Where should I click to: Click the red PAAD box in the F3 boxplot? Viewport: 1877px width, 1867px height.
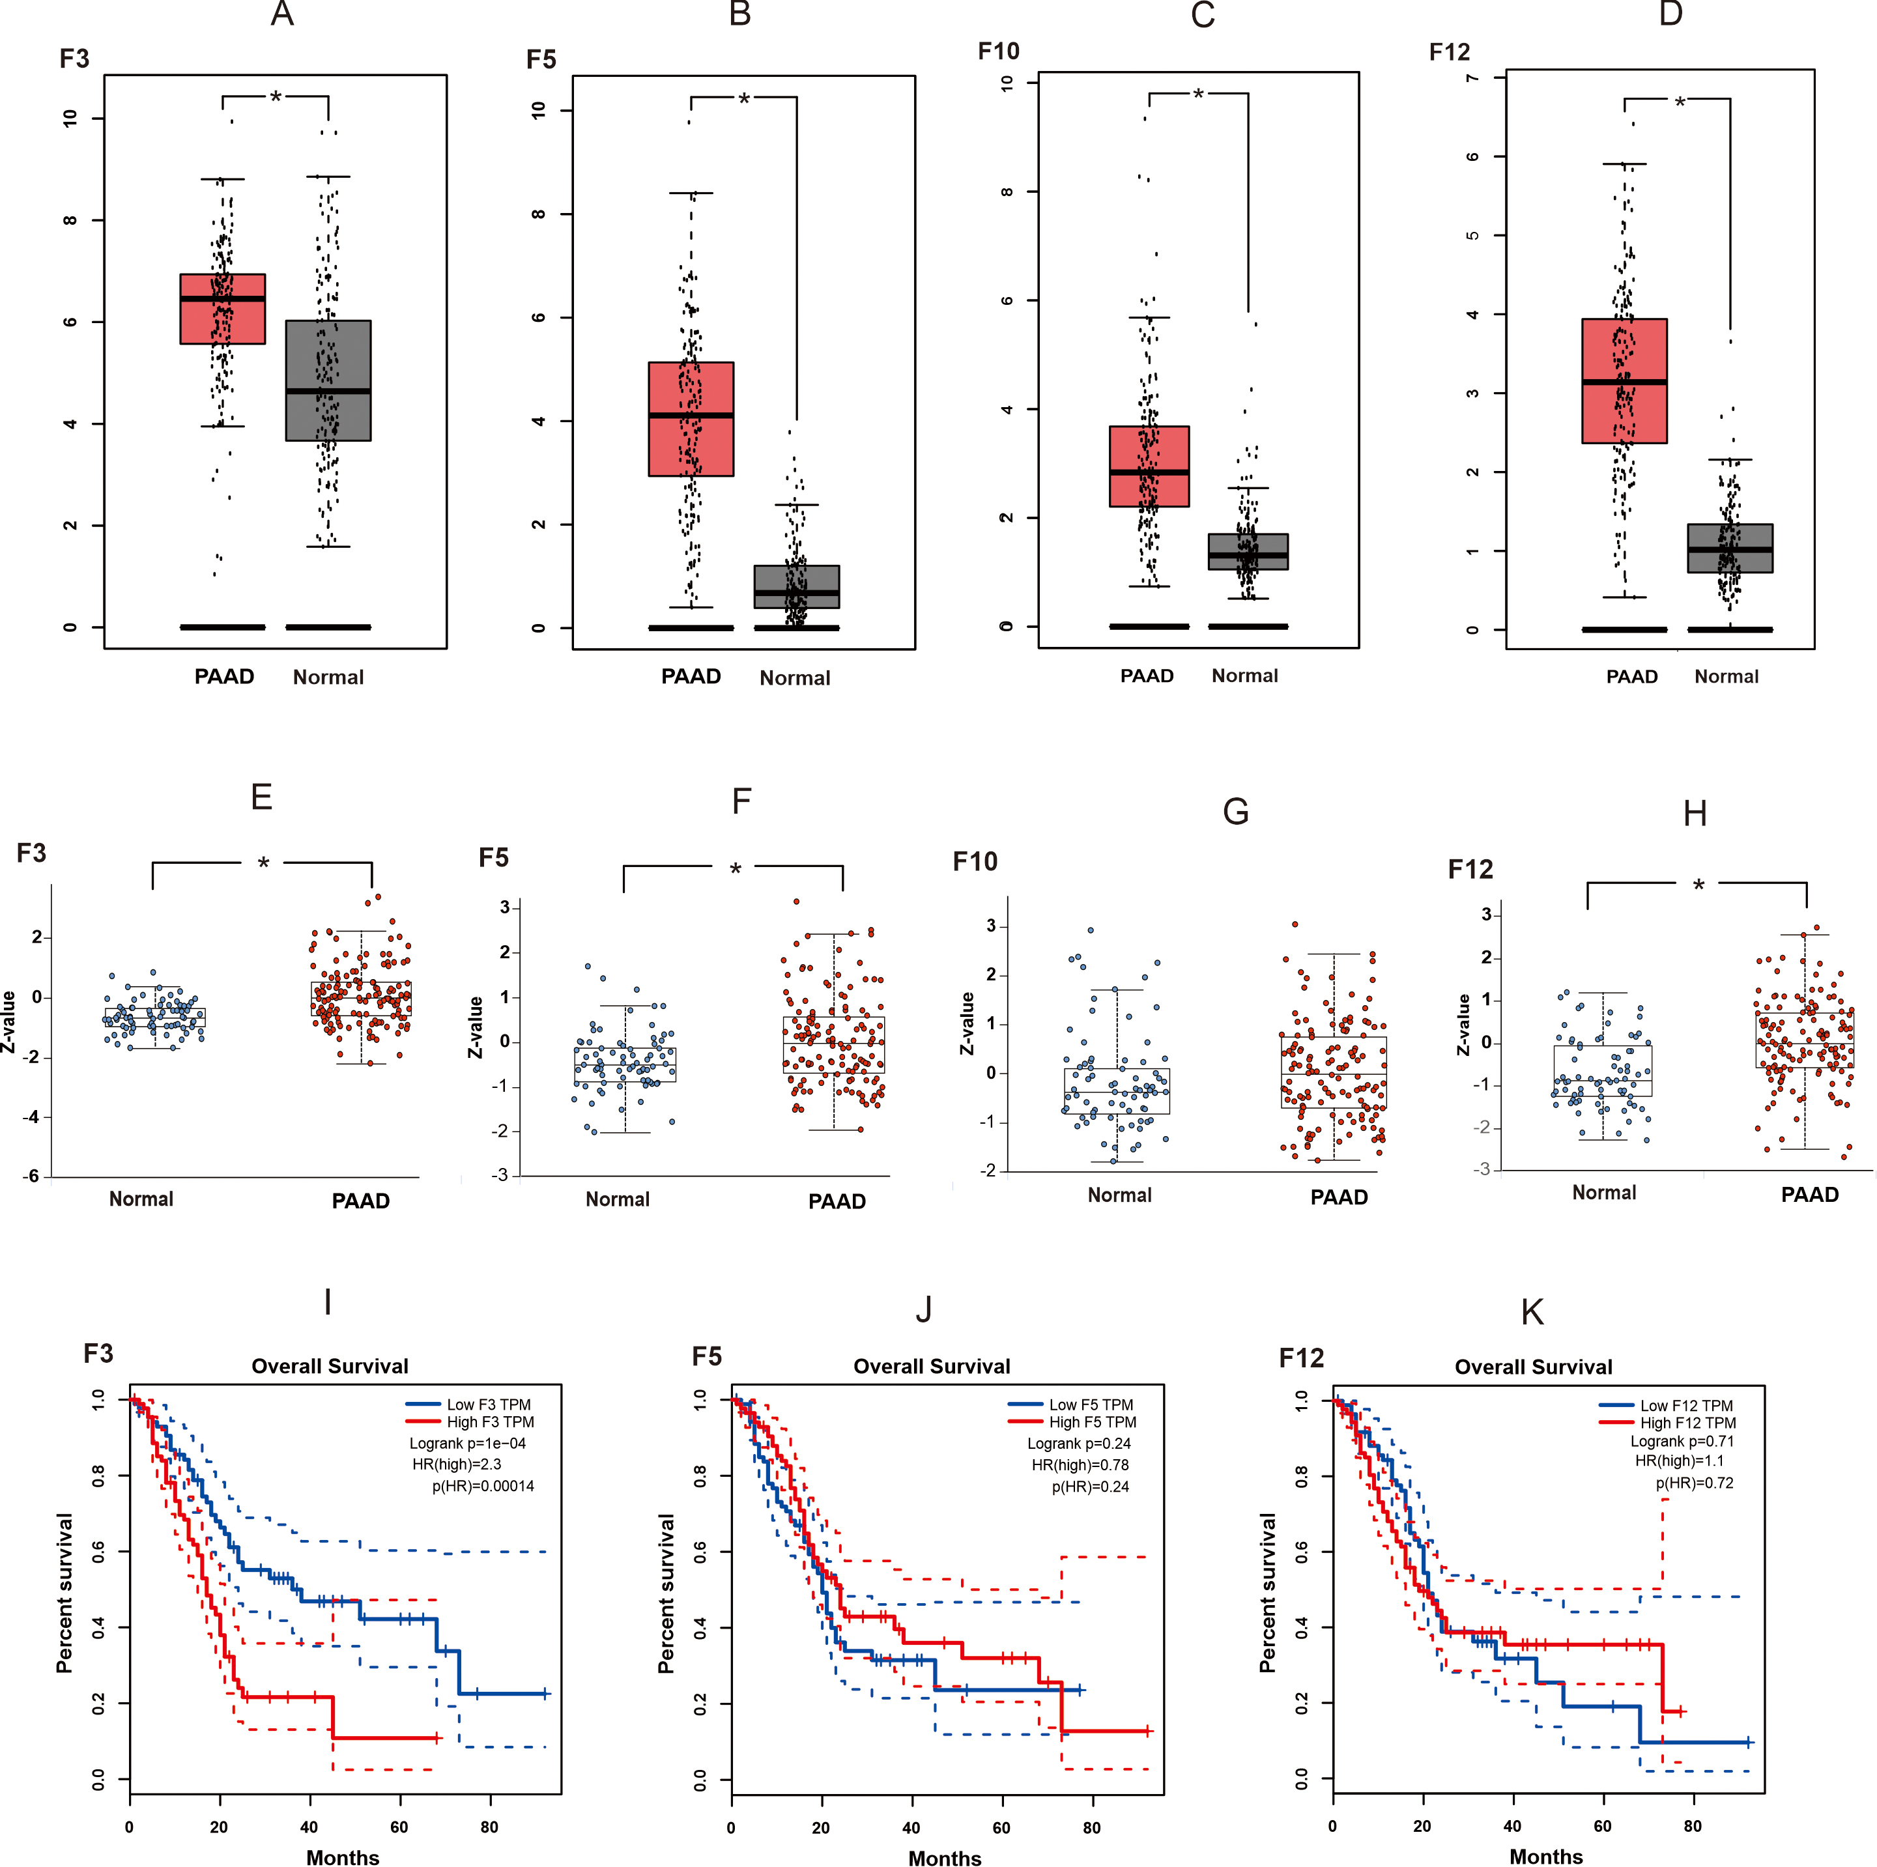(222, 309)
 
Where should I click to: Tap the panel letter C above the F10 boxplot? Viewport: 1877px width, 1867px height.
(1203, 16)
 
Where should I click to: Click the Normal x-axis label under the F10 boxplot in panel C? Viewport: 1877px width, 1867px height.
(1244, 676)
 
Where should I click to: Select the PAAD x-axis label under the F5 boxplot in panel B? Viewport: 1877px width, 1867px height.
(691, 677)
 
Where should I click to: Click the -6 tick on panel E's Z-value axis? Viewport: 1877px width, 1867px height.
(31, 1175)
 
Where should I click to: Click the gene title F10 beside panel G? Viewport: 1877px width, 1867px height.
(975, 862)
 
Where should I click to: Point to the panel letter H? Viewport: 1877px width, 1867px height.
(1695, 813)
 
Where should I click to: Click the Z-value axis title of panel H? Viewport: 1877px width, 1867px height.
(1463, 1025)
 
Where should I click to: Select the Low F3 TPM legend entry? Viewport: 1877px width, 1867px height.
(488, 1404)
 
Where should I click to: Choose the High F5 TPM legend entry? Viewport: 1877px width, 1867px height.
(1092, 1422)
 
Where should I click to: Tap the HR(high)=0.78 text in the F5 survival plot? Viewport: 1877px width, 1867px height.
(1080, 1465)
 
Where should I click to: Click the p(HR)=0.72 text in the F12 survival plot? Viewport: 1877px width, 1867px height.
(1695, 1483)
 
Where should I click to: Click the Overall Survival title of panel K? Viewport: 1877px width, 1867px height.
(1533, 1367)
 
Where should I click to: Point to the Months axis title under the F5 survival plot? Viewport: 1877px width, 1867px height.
(944, 1859)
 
